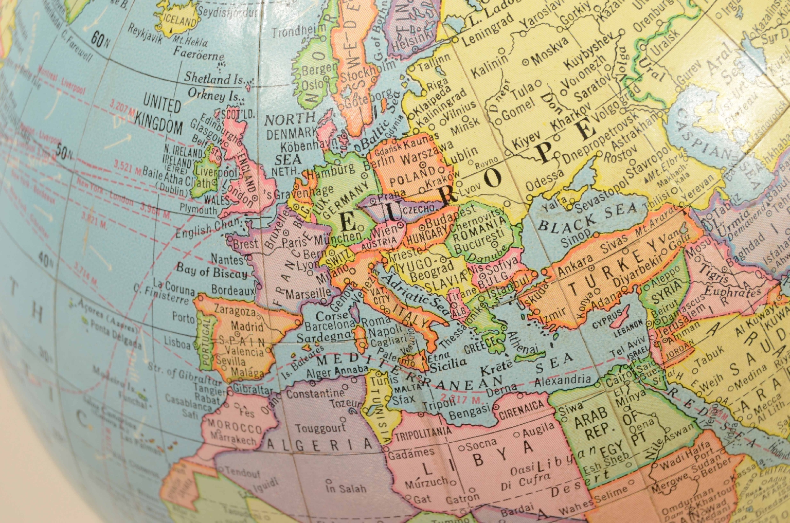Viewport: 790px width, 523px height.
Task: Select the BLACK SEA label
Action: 587,220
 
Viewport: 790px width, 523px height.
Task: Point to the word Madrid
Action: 247,326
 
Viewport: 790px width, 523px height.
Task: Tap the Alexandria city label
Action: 563,381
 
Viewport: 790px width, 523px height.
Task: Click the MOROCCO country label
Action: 235,426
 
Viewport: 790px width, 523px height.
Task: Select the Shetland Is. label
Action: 214,79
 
